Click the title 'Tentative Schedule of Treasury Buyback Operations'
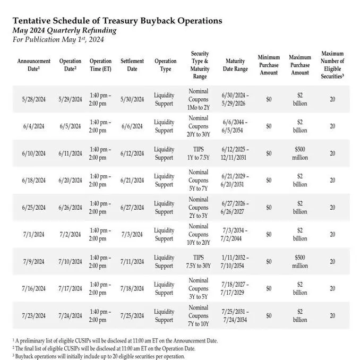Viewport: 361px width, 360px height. (x=117, y=21)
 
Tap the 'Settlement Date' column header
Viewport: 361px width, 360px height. (x=132, y=65)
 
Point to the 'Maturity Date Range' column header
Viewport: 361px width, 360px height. (x=235, y=65)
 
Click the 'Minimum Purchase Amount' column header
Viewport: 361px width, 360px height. (x=269, y=65)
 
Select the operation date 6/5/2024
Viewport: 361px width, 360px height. (x=71, y=126)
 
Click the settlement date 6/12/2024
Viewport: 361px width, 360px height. (x=132, y=153)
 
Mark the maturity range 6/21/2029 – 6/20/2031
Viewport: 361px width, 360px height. (x=235, y=181)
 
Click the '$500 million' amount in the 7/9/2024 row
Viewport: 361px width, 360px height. (x=300, y=262)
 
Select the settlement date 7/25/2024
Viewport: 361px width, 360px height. (x=132, y=316)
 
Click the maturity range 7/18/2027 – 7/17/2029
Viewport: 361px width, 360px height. (x=235, y=289)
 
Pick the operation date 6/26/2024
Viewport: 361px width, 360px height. (x=71, y=208)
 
